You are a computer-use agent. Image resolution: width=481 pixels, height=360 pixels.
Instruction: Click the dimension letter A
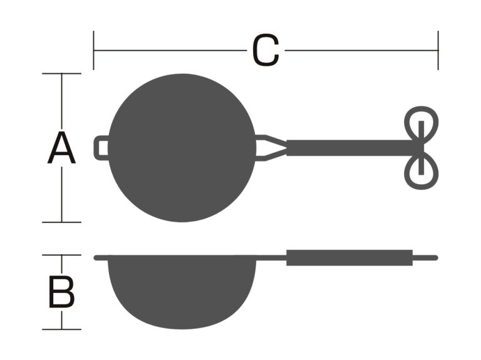pyautogui.click(x=61, y=148)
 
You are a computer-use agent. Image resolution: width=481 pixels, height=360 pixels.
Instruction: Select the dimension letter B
pyautogui.click(x=61, y=292)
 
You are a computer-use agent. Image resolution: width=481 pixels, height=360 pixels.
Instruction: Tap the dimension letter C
pyautogui.click(x=266, y=50)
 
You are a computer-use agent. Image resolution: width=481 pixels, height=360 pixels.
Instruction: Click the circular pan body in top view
pyautogui.click(x=182, y=148)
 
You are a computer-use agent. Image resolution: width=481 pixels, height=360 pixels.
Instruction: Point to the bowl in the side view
pyautogui.click(x=182, y=291)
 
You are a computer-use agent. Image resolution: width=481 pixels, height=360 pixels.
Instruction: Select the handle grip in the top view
pyautogui.click(x=349, y=148)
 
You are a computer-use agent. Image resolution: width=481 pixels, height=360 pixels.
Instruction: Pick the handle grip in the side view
pyautogui.click(x=349, y=258)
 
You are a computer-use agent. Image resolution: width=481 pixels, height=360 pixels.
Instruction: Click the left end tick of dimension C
pyautogui.click(x=93, y=50)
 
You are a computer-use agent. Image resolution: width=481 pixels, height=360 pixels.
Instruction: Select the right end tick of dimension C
pyautogui.click(x=438, y=50)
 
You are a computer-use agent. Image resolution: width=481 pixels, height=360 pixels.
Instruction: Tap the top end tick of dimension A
pyautogui.click(x=61, y=74)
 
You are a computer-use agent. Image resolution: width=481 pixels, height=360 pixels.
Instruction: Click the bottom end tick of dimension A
pyautogui.click(x=61, y=222)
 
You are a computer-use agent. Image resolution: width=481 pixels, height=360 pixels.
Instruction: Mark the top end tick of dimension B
pyautogui.click(x=61, y=255)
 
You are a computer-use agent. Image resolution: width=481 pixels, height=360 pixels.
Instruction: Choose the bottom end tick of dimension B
pyautogui.click(x=61, y=329)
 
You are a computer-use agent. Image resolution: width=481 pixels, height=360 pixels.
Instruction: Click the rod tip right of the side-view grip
pyautogui.click(x=436, y=258)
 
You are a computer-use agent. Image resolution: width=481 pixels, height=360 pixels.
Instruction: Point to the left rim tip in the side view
pyautogui.click(x=95, y=258)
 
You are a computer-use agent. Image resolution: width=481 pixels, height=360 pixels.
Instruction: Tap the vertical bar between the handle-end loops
pyautogui.click(x=421, y=148)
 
